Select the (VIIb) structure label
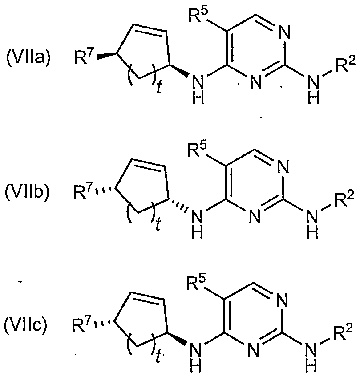point(27,192)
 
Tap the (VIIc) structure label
point(26,326)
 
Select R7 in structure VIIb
point(83,192)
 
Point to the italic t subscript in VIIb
point(158,224)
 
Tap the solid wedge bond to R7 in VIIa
point(107,55)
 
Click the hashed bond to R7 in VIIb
point(105,190)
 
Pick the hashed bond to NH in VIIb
point(178,204)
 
